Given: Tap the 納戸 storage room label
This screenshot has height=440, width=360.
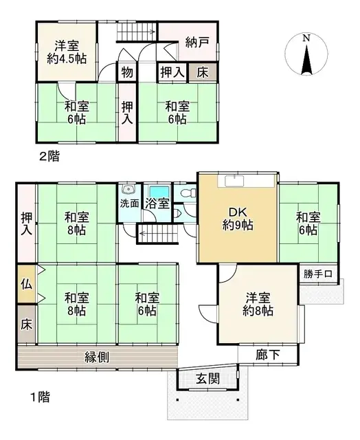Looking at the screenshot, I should [197, 41].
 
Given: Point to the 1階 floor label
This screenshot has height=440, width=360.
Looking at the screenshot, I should [38, 397].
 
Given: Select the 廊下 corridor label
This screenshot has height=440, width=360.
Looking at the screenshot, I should [267, 356].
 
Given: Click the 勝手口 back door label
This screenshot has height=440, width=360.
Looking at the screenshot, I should [318, 274].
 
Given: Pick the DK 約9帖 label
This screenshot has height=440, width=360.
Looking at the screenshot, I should [237, 217].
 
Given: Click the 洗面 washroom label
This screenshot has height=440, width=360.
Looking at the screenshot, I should [130, 203].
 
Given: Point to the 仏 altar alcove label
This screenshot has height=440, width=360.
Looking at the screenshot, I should [25, 282].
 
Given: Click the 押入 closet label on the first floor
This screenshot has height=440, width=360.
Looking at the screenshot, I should [25, 224].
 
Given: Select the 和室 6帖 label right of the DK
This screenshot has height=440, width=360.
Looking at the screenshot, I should [308, 223].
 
